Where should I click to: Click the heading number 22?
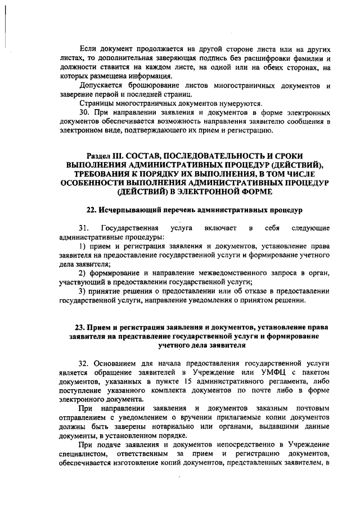[x=92, y=210]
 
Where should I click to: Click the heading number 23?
[x=81, y=327]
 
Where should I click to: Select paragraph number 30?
[x=85, y=112]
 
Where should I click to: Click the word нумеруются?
[x=239, y=103]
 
